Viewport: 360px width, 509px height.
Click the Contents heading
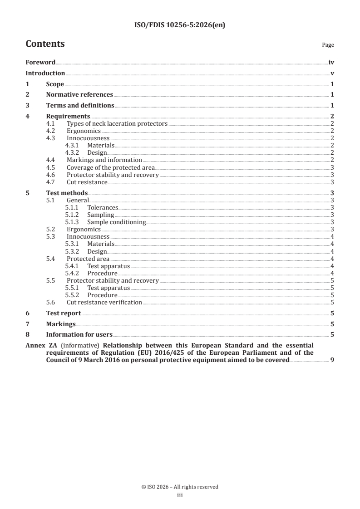point(45,44)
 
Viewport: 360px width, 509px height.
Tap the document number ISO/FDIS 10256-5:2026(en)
point(180,25)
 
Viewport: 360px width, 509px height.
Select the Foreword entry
point(40,63)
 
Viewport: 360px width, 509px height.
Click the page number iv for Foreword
point(331,63)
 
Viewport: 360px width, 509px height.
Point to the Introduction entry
point(45,73)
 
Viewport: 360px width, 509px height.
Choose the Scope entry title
point(55,84)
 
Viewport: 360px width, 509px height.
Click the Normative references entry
point(79,95)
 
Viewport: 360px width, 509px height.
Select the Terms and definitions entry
point(80,106)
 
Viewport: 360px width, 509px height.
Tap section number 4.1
point(51,123)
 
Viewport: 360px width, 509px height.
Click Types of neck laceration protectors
point(117,123)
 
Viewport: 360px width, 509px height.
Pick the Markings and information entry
point(104,160)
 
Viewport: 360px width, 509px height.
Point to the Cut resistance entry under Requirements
point(87,182)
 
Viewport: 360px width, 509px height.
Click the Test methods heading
point(67,193)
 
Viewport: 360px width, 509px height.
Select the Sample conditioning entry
point(116,222)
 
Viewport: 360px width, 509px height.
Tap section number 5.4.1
point(72,266)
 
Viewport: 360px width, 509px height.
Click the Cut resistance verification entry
point(104,302)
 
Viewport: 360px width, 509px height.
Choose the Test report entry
point(64,313)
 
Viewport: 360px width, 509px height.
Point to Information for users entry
point(79,335)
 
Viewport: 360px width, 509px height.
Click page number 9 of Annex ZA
point(332,360)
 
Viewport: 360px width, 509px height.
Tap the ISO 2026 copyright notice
point(180,487)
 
